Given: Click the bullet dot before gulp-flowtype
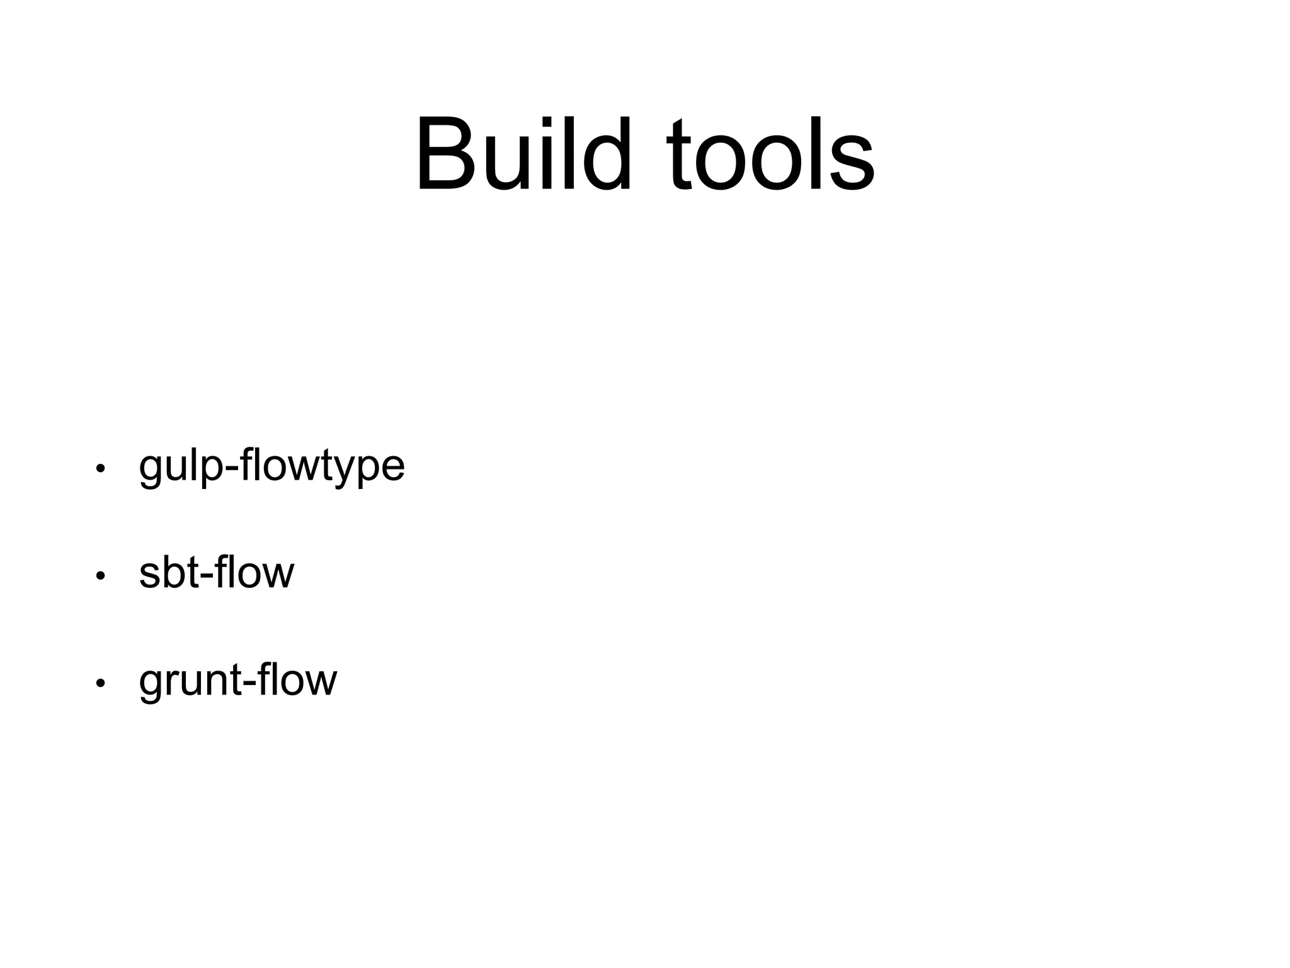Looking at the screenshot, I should [100, 469].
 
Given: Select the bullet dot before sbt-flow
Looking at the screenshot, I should [100, 576].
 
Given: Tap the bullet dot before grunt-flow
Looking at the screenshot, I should [100, 683].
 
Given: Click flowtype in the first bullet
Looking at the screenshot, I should [322, 468].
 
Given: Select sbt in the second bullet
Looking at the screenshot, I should [166, 573].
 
